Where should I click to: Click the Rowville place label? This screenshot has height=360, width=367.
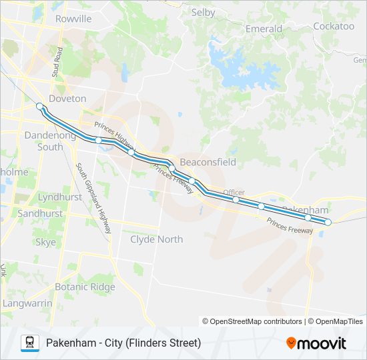(73, 19)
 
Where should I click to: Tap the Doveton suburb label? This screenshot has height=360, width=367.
(67, 99)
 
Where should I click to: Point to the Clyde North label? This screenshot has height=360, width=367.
(156, 239)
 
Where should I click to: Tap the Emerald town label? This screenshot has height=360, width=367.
(264, 29)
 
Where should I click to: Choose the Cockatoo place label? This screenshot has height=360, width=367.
(334, 27)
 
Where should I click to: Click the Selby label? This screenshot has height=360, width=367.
(203, 12)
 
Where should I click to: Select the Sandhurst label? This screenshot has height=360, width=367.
(40, 214)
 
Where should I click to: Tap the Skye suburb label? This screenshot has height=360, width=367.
(45, 243)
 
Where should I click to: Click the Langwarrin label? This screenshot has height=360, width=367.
(27, 303)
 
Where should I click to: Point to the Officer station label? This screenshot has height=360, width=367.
(234, 191)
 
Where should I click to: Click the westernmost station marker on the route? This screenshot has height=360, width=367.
(40, 106)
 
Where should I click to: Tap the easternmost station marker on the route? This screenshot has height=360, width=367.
(328, 222)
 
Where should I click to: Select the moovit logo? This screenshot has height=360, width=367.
(316, 343)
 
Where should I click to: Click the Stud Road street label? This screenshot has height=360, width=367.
(59, 63)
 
